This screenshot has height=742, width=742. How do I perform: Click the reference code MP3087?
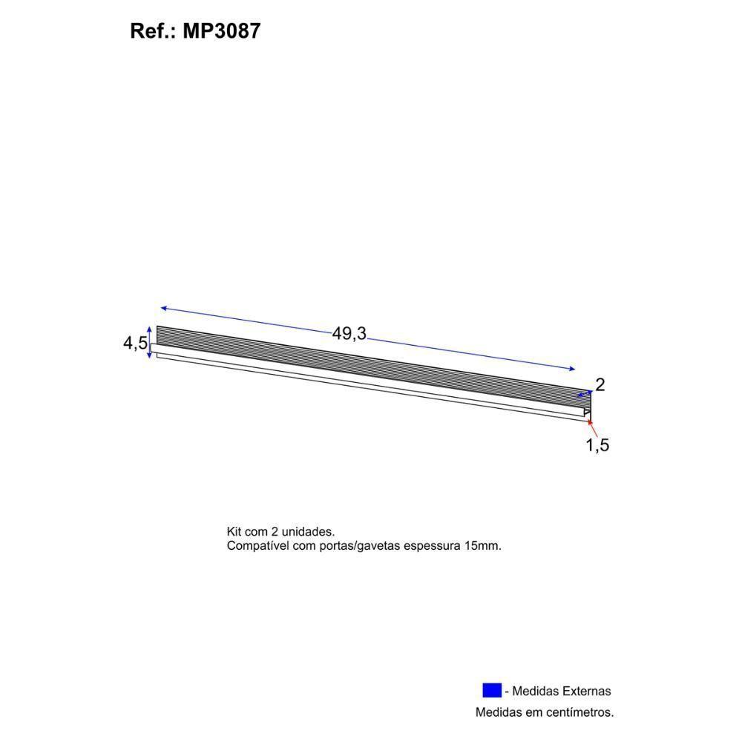(x=222, y=31)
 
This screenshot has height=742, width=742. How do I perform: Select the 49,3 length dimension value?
(x=349, y=334)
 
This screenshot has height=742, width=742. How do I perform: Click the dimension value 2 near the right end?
(x=600, y=384)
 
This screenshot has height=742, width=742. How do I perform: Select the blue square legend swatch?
(x=492, y=690)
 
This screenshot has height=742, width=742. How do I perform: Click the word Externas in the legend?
(x=585, y=691)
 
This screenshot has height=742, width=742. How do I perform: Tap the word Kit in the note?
(x=234, y=532)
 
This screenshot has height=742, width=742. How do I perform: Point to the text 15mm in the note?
(x=482, y=545)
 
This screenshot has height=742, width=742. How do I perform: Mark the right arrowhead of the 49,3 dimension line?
(x=571, y=369)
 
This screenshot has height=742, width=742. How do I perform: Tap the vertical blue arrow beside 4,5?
(x=151, y=342)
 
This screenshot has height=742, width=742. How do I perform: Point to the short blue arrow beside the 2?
(x=585, y=395)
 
